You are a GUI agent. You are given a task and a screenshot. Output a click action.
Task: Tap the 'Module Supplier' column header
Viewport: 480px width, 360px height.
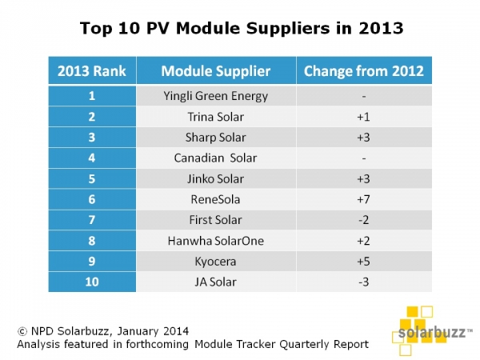216,70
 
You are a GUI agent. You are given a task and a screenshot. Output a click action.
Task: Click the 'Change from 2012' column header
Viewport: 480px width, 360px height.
365,70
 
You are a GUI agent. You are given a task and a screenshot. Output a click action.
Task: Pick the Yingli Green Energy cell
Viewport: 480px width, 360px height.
216,95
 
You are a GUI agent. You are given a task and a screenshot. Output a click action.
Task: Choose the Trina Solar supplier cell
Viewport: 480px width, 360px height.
216,116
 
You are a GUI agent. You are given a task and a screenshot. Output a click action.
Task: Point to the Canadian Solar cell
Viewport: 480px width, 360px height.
216,158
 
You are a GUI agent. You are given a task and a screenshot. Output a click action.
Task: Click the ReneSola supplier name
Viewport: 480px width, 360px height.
216,199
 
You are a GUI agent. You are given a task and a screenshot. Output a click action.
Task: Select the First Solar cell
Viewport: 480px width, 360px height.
216,220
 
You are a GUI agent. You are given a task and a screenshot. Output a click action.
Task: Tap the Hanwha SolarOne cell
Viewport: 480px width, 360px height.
216,241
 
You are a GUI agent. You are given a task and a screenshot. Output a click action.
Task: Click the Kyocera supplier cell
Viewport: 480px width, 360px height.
216,262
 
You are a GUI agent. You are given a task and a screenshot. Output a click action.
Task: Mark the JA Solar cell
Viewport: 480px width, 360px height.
216,282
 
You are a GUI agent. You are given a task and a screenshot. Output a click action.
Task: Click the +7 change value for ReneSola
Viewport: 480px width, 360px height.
365,199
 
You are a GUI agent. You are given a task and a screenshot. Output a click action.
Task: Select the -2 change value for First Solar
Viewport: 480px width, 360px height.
365,220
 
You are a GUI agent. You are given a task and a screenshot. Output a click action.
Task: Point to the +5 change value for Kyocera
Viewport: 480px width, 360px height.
365,262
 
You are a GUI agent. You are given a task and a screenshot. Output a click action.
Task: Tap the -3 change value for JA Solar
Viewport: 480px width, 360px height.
365,282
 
